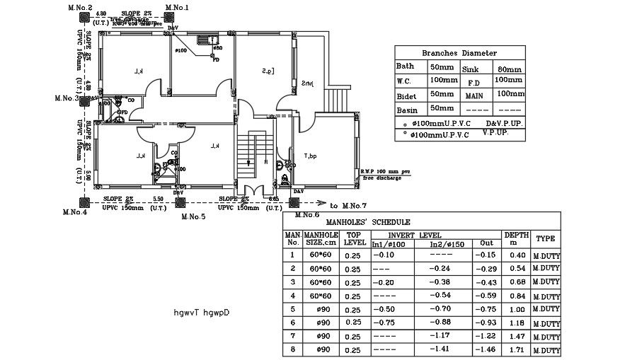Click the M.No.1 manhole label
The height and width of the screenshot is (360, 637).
(x=177, y=7)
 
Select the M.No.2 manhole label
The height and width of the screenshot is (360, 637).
(x=80, y=7)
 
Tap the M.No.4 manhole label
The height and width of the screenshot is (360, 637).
(x=74, y=211)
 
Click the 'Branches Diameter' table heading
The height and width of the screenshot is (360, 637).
(x=459, y=53)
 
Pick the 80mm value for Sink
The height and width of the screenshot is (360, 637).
(x=509, y=69)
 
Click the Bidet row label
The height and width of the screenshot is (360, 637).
(x=406, y=95)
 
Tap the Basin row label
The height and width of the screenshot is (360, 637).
(x=406, y=110)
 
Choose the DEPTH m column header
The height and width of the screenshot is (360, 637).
(x=516, y=238)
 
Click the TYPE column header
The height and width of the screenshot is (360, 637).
(x=545, y=239)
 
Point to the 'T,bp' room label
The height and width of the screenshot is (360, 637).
(x=310, y=156)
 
